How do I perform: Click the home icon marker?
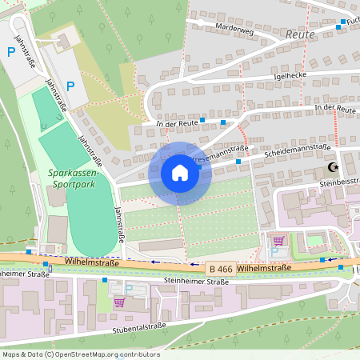click(x=180, y=173)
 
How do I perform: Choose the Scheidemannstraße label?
click(x=297, y=148)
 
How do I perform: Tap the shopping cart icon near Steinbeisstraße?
click(x=278, y=240)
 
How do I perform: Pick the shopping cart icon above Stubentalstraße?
click(x=119, y=302)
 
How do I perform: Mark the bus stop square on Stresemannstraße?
click(x=238, y=162)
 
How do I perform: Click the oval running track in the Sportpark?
click(x=90, y=216)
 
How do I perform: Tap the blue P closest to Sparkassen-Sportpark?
click(x=70, y=86)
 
